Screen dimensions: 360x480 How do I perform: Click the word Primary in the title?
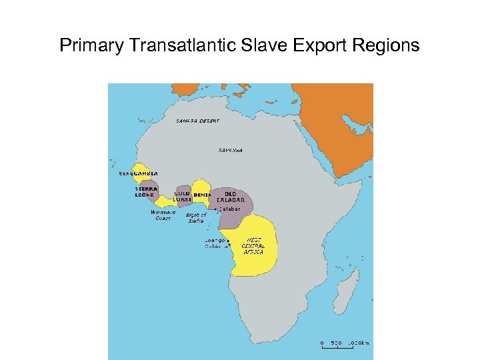click(91, 45)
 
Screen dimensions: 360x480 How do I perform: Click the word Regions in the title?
click(387, 45)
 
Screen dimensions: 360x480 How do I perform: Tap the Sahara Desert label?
click(197, 121)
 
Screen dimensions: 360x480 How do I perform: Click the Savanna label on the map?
click(231, 150)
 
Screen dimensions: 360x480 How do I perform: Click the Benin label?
click(201, 195)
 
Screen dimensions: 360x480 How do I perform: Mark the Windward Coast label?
click(163, 215)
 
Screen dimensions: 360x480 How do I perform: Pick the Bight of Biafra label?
click(196, 217)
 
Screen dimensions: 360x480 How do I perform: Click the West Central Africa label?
click(253, 245)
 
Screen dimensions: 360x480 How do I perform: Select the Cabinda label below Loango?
click(213, 246)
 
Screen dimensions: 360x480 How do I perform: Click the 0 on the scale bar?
click(322, 343)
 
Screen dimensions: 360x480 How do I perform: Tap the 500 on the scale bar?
click(337, 343)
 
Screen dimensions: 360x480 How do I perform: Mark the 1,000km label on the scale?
click(358, 343)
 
